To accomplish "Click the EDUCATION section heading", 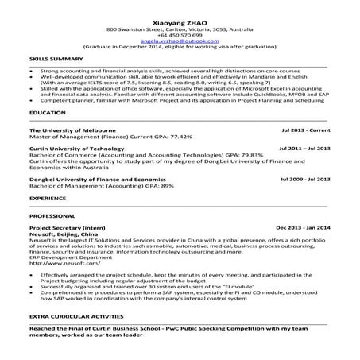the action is (x=47, y=114).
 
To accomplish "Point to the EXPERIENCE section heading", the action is (x=48, y=196).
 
